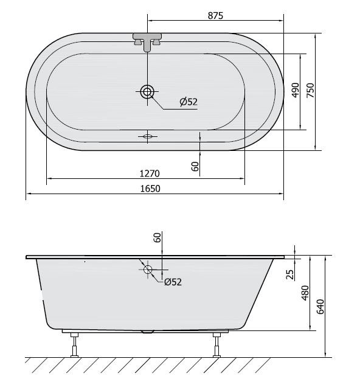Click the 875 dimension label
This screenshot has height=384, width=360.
click(x=215, y=16)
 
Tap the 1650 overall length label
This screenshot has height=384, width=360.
click(x=150, y=189)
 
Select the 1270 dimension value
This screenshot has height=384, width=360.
click(x=150, y=173)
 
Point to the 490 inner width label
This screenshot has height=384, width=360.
click(x=296, y=90)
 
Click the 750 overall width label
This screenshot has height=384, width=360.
click(x=310, y=90)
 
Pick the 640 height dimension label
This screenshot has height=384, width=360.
click(x=320, y=306)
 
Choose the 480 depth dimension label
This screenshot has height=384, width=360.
click(x=305, y=293)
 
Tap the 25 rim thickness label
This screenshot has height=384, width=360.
click(x=289, y=274)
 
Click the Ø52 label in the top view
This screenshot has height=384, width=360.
click(x=189, y=102)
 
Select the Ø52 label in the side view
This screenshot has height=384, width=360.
click(x=173, y=282)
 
